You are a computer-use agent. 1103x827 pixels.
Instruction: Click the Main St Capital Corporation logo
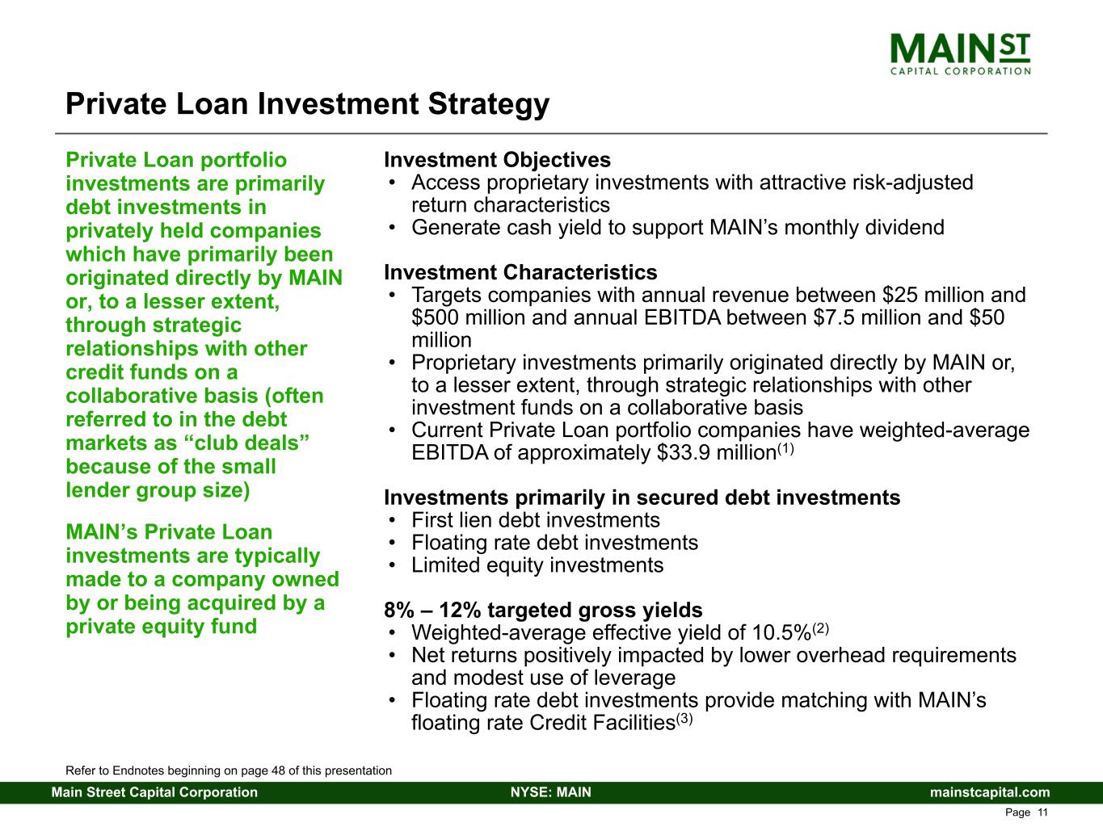coord(960,54)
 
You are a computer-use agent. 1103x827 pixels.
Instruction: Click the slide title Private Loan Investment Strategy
coord(308,104)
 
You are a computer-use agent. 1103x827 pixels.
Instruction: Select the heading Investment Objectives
coord(498,160)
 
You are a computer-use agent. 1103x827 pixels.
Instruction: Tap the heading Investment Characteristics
coord(520,272)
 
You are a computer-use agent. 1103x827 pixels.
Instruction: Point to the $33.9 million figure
coord(717,453)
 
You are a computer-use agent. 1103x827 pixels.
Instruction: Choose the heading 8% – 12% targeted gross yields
coord(543,610)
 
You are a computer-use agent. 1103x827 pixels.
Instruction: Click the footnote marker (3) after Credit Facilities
coord(684,720)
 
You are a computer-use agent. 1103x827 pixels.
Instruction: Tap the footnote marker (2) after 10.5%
coord(820,628)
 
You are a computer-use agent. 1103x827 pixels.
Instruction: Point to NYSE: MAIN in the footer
coord(551,792)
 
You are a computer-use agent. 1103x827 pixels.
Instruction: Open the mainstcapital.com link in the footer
coord(990,792)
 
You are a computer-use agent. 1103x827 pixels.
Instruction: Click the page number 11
coord(1042,812)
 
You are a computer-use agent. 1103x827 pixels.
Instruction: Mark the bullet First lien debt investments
coord(536,520)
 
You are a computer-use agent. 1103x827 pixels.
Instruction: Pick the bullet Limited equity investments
coord(537,565)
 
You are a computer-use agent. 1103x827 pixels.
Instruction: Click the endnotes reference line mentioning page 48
coord(229,770)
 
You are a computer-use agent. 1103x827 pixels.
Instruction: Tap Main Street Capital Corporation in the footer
coord(154,792)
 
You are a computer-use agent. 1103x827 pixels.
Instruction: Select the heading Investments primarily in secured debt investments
coord(642,497)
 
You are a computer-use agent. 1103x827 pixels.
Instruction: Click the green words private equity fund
coord(162,627)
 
